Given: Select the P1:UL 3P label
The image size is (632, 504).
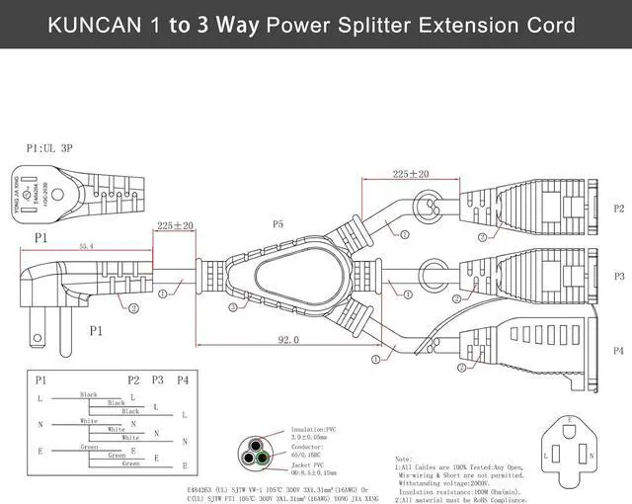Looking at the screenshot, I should pyautogui.click(x=50, y=147).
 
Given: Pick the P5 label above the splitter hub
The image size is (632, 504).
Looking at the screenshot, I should pyautogui.click(x=277, y=224).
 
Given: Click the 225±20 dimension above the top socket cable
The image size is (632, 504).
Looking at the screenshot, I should pyautogui.click(x=410, y=174).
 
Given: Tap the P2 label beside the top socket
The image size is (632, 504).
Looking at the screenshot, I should pyautogui.click(x=618, y=209).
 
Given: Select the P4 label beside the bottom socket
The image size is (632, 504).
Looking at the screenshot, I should pyautogui.click(x=618, y=351).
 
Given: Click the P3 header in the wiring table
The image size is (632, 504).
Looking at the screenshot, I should pyautogui.click(x=157, y=379).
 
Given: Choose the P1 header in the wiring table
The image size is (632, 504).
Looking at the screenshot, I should pyautogui.click(x=41, y=379).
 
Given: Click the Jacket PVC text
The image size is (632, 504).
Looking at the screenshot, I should pyautogui.click(x=310, y=462).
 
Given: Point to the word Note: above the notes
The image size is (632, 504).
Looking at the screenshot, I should pyautogui.click(x=404, y=460).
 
